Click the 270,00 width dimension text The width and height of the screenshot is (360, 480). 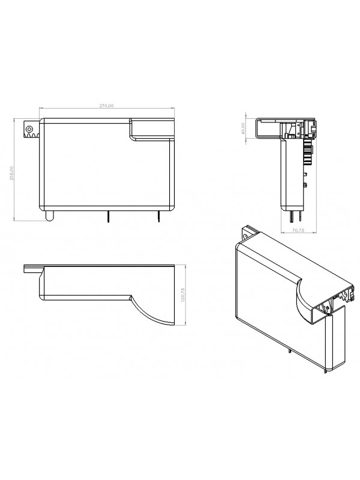[106, 106]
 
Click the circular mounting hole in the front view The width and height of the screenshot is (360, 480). [28, 128]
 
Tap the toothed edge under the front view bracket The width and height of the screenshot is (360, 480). [31, 137]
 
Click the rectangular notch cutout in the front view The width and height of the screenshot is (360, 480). [152, 128]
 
